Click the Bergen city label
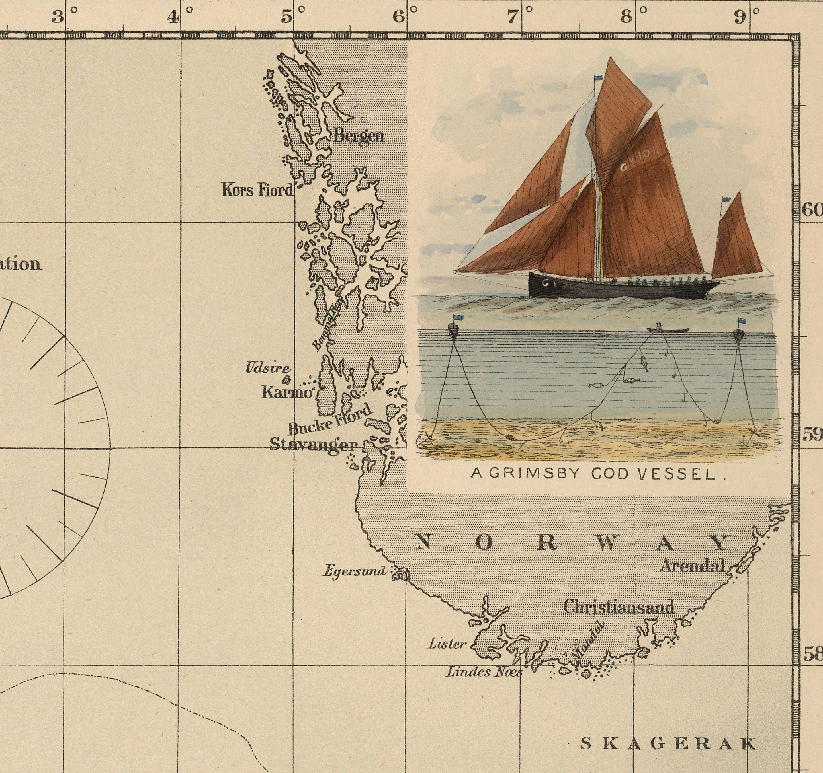359,136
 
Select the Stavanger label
313,445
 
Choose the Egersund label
355,571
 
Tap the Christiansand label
619,607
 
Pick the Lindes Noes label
483,672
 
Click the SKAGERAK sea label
669,744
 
